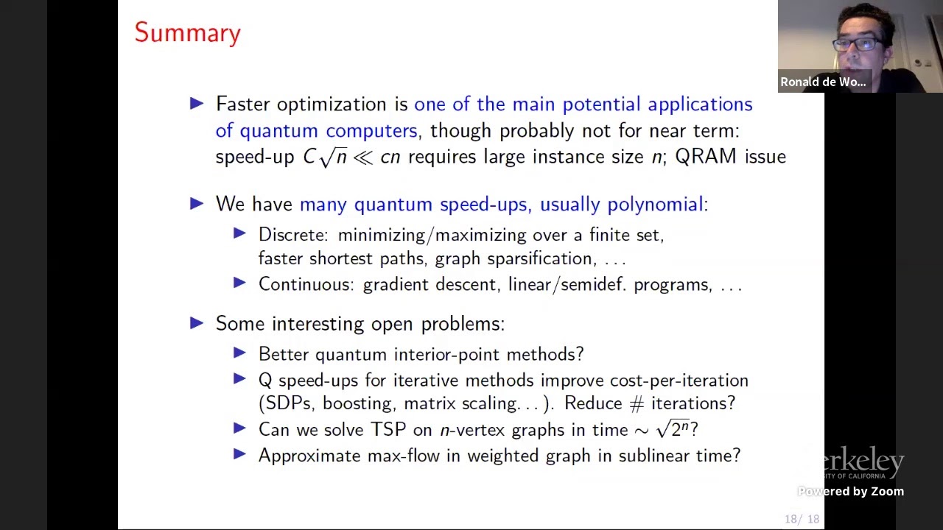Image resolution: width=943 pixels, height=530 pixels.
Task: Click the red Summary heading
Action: pyautogui.click(x=187, y=33)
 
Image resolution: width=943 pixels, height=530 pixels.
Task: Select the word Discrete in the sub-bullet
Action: pyautogui.click(x=292, y=235)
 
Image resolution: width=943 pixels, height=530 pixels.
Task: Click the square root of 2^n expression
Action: pyautogui.click(x=673, y=428)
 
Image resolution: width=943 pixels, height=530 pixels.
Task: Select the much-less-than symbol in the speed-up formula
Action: pyautogui.click(x=362, y=158)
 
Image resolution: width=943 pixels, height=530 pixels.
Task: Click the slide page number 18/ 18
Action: pyautogui.click(x=802, y=519)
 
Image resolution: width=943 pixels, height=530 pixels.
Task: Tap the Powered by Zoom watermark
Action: pyautogui.click(x=850, y=491)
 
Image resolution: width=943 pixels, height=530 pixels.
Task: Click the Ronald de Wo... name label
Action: pyautogui.click(x=823, y=82)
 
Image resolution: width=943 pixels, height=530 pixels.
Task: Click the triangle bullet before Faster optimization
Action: pyautogui.click(x=197, y=104)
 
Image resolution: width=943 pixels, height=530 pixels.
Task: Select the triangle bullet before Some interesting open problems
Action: pyautogui.click(x=197, y=323)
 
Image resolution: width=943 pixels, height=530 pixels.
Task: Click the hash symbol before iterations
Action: pyautogui.click(x=637, y=404)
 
